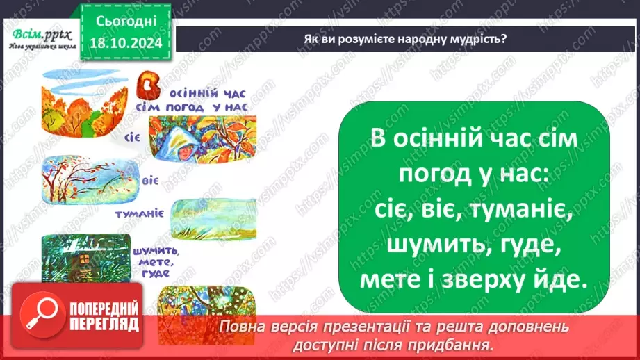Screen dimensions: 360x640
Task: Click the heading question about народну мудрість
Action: point(405,39)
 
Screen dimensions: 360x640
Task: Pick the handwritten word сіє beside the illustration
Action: point(133,136)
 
